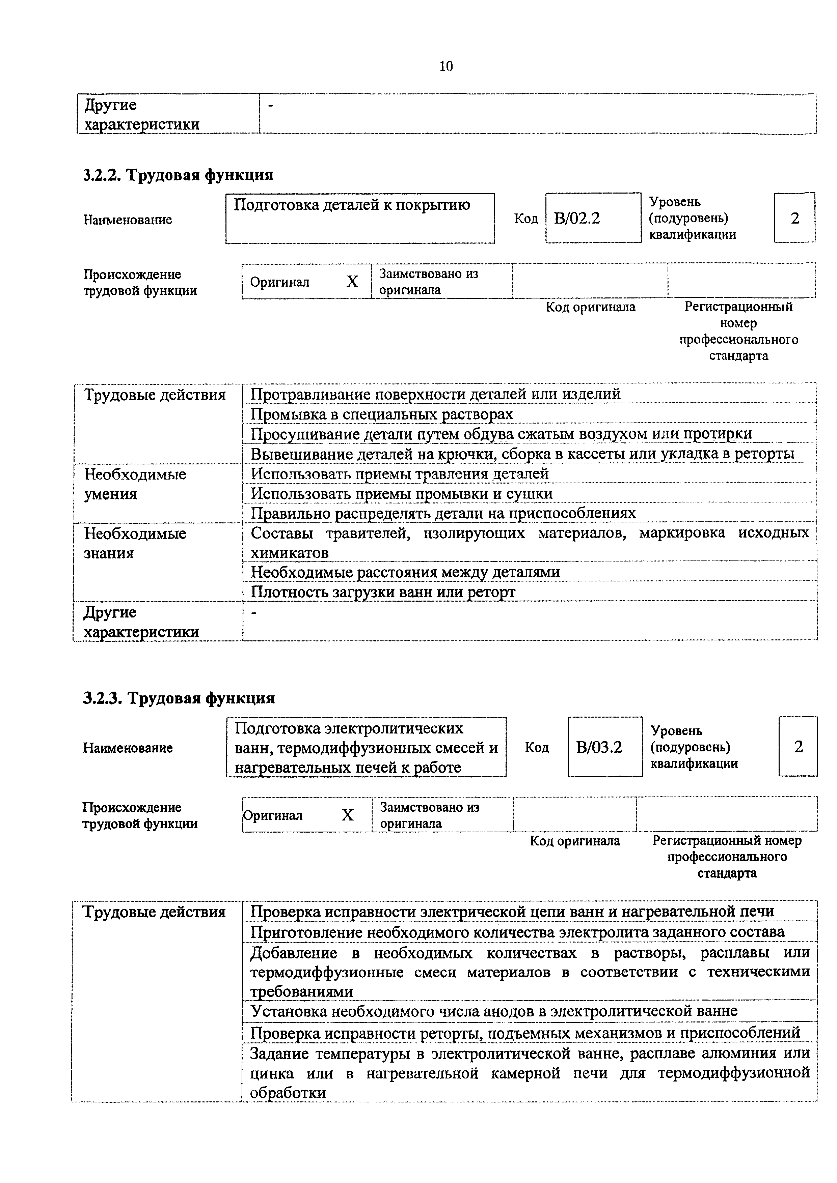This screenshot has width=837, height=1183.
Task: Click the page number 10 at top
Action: click(446, 66)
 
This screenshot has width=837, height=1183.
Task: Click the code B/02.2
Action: click(577, 219)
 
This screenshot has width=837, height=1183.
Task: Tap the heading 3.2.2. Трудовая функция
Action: click(178, 175)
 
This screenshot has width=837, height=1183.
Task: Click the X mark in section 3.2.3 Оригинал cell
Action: click(348, 815)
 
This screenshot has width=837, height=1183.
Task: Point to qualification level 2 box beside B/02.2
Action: click(795, 219)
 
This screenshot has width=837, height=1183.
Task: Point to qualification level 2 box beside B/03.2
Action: click(798, 747)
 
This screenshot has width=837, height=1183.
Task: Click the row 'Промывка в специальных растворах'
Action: click(382, 414)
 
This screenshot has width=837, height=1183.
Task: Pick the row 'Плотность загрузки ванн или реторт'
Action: click(383, 592)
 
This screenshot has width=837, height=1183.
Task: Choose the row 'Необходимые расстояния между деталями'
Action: click(405, 572)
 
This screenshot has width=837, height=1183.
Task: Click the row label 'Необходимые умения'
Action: click(135, 484)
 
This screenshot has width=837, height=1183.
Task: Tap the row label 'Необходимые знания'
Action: click(135, 543)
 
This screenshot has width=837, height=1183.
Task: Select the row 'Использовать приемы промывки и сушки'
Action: click(401, 494)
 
